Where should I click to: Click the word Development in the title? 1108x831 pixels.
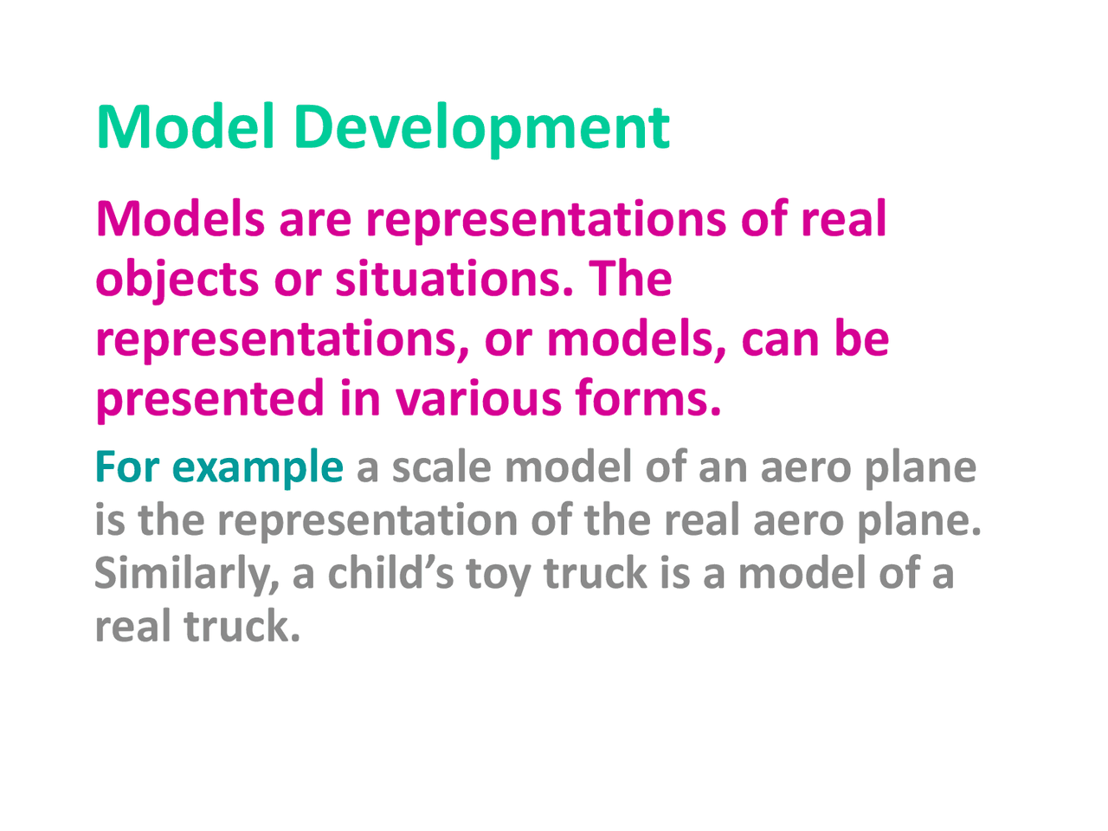click(x=481, y=127)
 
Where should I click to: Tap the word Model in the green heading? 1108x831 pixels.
click(x=185, y=127)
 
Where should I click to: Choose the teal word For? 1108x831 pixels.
click(x=126, y=467)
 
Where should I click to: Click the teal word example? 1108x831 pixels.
click(x=257, y=468)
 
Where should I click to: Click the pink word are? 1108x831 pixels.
click(x=315, y=220)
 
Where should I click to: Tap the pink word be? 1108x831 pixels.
click(x=861, y=338)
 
